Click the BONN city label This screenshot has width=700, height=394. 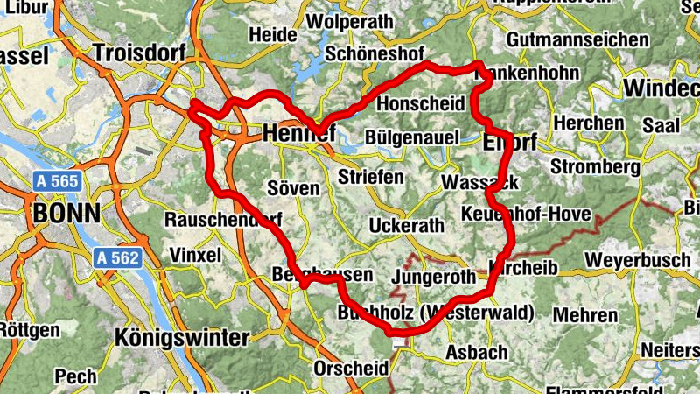(x=66, y=213)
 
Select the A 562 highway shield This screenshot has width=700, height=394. (x=116, y=257)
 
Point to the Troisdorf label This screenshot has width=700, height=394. (x=139, y=53)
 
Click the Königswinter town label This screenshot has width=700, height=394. (x=182, y=337)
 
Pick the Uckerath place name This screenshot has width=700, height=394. (x=407, y=225)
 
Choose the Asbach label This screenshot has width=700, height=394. (x=476, y=352)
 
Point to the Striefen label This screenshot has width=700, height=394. (x=372, y=177)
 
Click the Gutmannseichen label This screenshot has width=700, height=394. (x=577, y=40)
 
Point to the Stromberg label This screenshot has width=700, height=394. (x=591, y=165)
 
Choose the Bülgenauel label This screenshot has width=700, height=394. (x=412, y=137)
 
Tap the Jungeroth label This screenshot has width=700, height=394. (x=435, y=278)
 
